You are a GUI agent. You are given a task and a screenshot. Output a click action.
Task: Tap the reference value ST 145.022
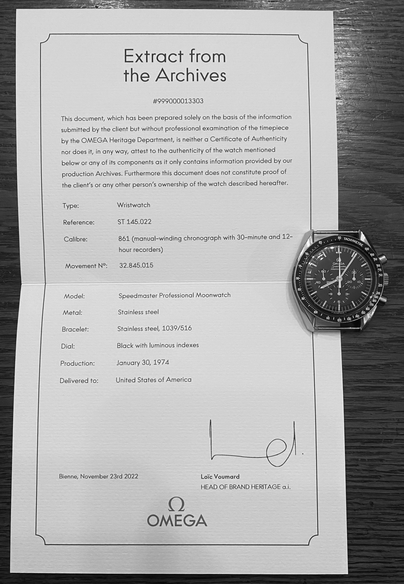point(134,222)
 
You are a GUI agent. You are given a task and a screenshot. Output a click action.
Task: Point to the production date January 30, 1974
point(142,363)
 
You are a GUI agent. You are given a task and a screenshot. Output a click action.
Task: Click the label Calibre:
point(75,239)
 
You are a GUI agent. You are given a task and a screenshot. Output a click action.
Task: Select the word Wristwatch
point(133,205)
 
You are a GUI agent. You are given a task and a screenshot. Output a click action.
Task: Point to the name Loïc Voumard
point(220,477)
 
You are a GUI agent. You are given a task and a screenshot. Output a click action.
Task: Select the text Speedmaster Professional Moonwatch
point(174,295)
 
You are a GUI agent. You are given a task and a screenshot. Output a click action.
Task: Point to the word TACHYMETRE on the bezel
point(353,241)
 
